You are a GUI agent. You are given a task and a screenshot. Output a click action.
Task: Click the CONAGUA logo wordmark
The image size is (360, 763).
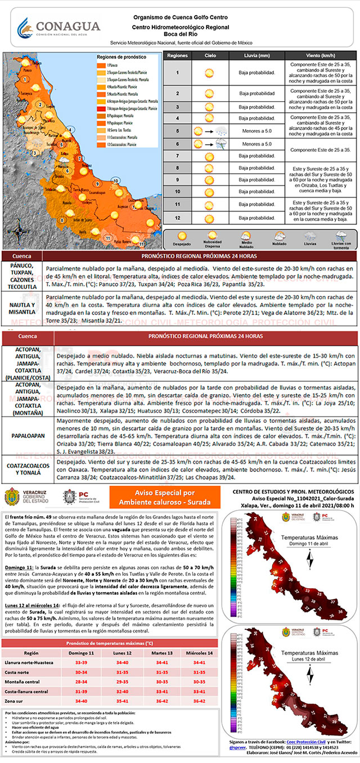67,26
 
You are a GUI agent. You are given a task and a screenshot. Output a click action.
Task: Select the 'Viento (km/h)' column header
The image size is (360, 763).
321,56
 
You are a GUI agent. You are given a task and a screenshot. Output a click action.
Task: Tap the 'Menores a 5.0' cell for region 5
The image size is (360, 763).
256,131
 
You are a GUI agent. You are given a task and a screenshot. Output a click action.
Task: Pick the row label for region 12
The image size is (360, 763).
177,218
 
